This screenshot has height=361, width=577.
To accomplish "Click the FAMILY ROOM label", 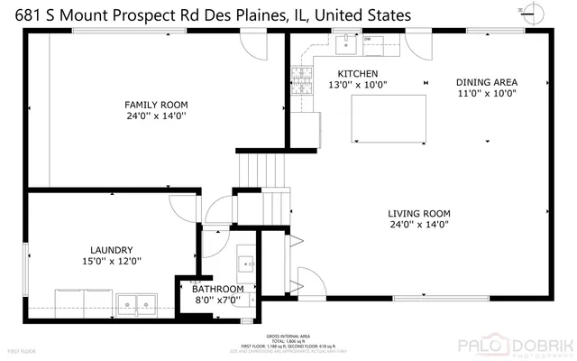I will (x=156, y=105).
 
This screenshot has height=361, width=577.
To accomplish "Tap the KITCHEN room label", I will (x=357, y=74).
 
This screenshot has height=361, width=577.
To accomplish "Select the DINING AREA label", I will (x=486, y=81).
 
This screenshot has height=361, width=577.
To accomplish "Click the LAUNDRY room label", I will (x=112, y=249).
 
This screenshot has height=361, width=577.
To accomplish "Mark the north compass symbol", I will (x=537, y=12).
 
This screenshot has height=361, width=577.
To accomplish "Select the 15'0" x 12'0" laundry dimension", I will (x=112, y=261).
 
